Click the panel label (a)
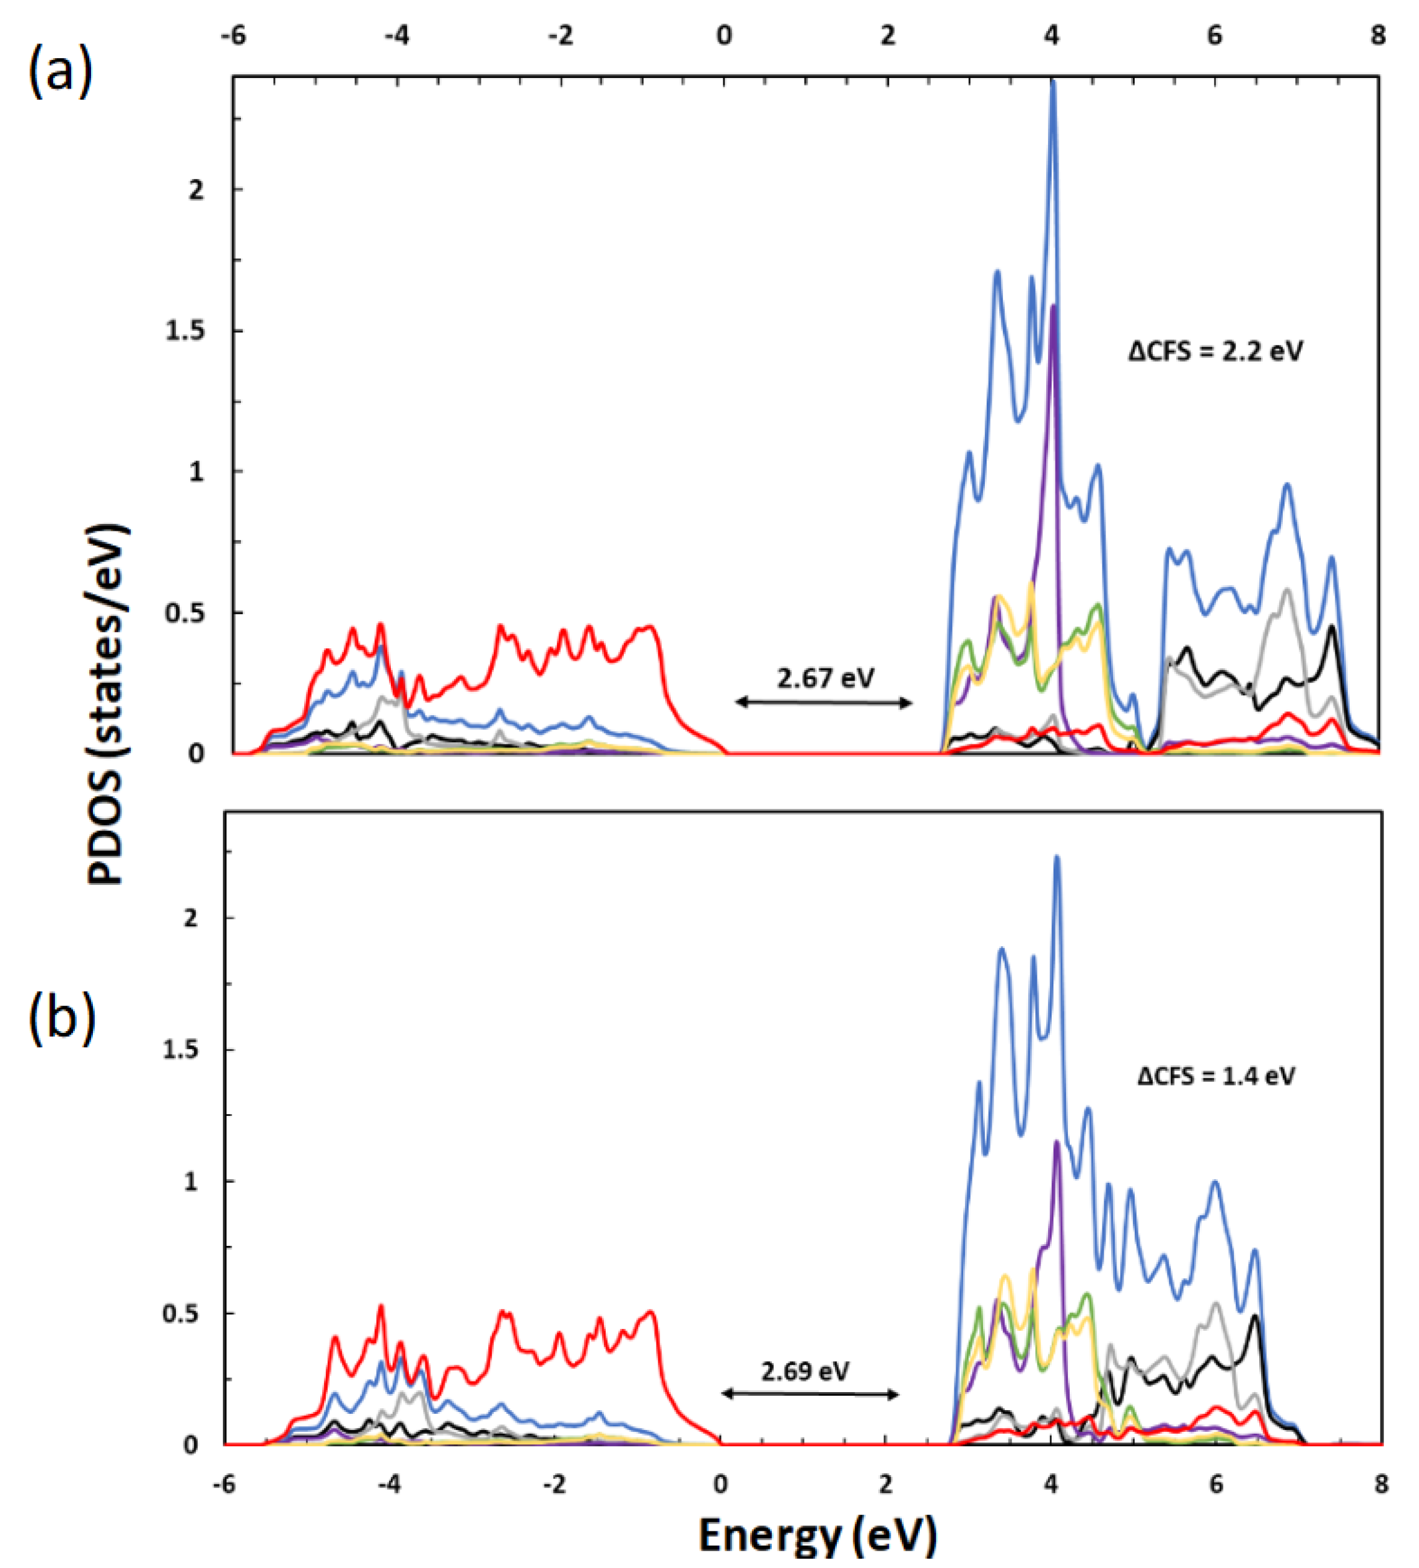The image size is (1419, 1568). click(61, 72)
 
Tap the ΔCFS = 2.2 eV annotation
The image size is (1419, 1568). click(1215, 352)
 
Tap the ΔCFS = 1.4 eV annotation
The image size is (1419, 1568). click(1216, 1076)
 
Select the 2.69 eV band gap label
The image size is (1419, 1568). click(805, 1370)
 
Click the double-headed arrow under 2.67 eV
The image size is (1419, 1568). click(824, 703)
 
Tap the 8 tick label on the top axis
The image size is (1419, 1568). click(1378, 36)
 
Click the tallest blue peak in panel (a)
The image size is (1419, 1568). click(1052, 82)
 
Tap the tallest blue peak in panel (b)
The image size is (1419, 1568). click(1057, 858)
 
